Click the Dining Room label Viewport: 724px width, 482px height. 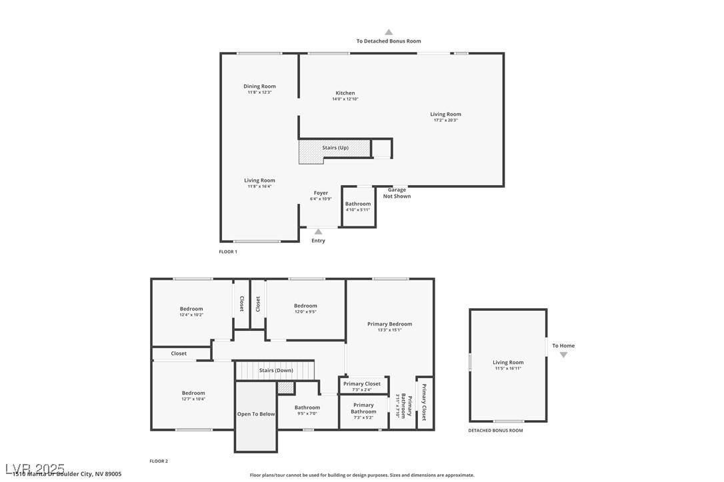tap(259, 87)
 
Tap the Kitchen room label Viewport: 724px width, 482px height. tap(345, 93)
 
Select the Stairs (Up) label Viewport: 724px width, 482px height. tap(335, 148)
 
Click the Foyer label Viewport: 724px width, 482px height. tap(321, 193)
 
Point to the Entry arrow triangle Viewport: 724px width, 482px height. tap(318, 232)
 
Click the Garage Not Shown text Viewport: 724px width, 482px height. tap(397, 193)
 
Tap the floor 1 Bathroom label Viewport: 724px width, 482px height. tap(358, 204)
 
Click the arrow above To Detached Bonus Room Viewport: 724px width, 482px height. tap(389, 32)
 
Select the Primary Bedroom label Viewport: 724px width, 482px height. tap(390, 324)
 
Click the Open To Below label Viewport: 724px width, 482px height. tap(256, 414)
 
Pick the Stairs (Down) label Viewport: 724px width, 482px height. tap(276, 370)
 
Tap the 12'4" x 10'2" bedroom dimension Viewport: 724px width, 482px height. tap(191, 315)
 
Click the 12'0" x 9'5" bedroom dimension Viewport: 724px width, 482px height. tap(305, 312)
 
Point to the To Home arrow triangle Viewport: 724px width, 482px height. tap(563, 355)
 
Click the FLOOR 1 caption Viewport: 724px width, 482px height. tap(228, 252)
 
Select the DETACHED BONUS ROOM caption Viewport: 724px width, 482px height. tap(495, 431)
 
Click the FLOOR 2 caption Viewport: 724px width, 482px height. tap(159, 461)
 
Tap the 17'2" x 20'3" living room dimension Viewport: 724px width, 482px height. tap(445, 120)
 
